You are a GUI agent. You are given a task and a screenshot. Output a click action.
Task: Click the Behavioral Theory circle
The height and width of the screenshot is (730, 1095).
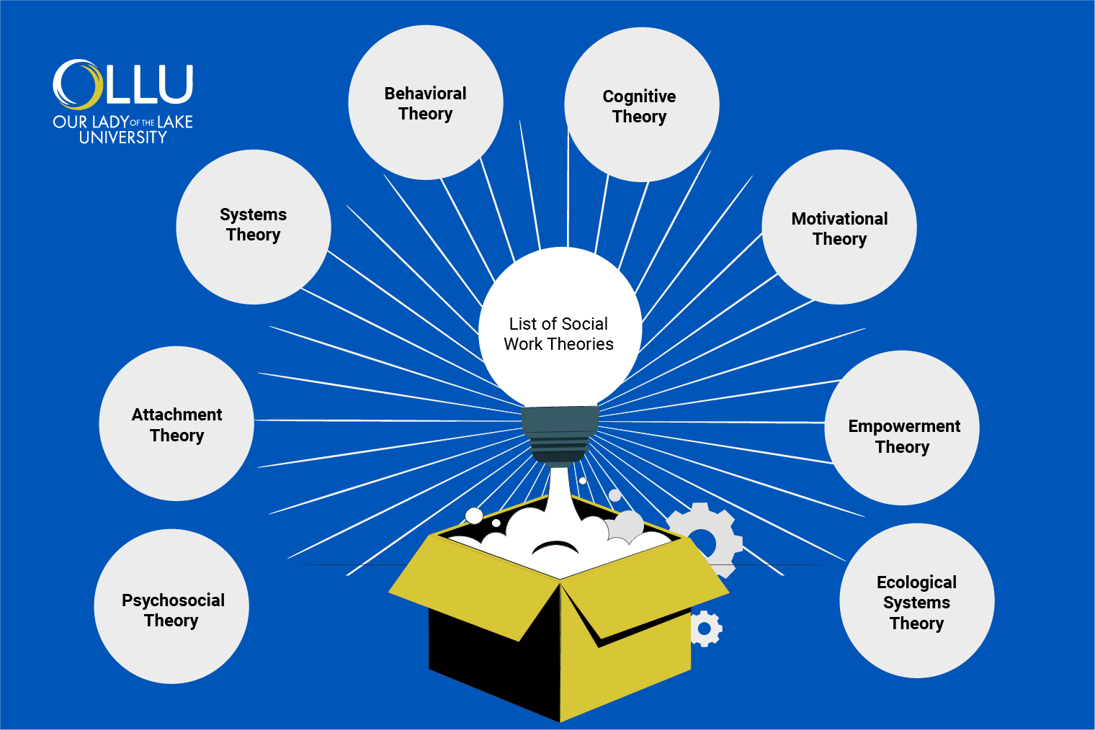(x=425, y=103)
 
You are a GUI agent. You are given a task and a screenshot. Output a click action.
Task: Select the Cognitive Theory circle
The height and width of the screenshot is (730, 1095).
(x=641, y=105)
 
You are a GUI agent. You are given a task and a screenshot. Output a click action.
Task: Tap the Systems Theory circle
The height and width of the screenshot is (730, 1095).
(x=253, y=226)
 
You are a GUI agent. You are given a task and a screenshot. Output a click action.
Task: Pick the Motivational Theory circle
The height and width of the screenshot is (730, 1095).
(x=839, y=227)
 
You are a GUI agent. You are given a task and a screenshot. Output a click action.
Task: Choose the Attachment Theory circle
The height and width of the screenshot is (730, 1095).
(x=176, y=424)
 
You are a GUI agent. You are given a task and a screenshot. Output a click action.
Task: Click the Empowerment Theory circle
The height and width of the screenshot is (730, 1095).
(x=902, y=428)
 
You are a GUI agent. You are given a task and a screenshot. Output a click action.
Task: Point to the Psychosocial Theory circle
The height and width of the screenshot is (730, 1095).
(x=171, y=607)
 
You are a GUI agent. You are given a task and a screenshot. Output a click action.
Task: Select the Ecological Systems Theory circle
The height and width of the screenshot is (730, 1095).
(x=916, y=601)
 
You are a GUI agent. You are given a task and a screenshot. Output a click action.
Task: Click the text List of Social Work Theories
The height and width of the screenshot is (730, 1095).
(x=558, y=334)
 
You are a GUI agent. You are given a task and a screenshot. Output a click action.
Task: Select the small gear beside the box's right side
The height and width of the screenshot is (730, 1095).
(x=705, y=629)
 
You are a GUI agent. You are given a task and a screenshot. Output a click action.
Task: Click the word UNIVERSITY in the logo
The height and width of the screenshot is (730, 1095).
(x=122, y=138)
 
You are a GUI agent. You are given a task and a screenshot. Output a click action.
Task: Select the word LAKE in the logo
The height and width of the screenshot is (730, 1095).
(x=175, y=122)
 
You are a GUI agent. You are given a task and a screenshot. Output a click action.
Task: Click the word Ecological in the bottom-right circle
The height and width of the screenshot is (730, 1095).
(x=916, y=582)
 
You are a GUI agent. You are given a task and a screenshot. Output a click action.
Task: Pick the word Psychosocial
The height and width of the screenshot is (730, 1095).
(x=173, y=600)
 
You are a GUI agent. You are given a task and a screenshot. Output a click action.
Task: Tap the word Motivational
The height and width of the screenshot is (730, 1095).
(x=839, y=219)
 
